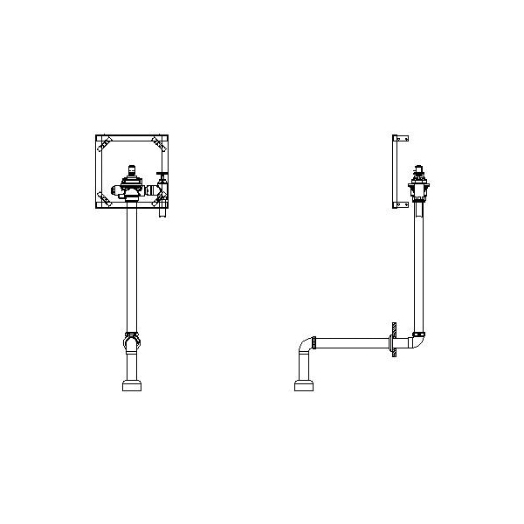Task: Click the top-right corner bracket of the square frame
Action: tap(158, 141)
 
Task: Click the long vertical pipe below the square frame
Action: tap(132, 262)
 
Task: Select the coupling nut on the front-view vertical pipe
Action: tap(132, 335)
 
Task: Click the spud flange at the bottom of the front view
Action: tap(132, 384)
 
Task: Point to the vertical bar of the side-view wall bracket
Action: tap(395, 172)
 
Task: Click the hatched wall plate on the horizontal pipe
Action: tap(395, 341)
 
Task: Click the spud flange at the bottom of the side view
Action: tap(303, 384)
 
